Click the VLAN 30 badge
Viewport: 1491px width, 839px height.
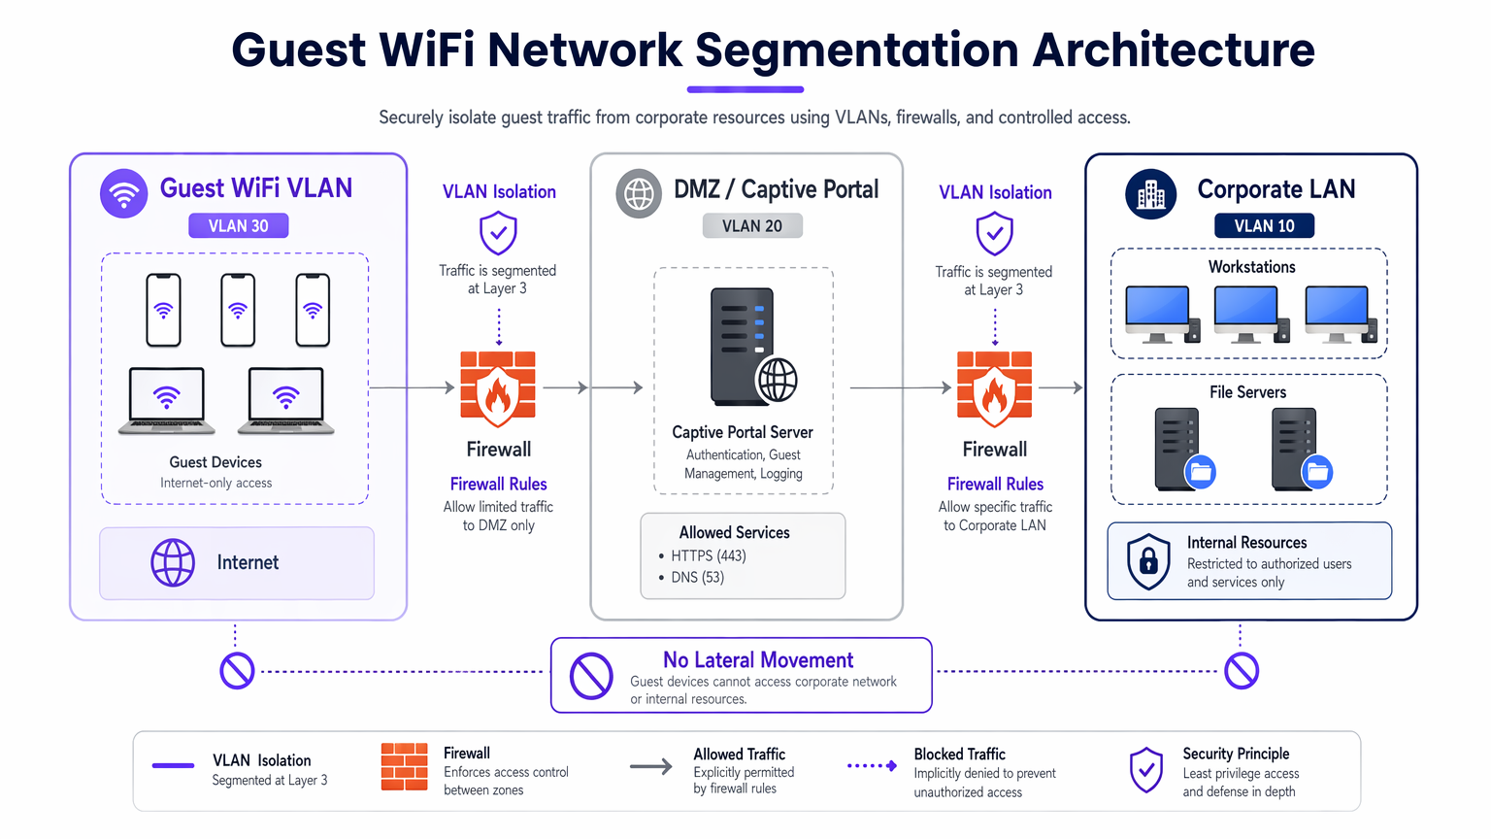pos(238,226)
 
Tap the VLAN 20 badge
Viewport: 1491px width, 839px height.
pos(752,226)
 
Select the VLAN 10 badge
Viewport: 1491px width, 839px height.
pos(1264,226)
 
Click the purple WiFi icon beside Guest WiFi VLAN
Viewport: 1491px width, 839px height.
pos(123,193)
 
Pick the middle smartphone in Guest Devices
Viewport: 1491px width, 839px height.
pos(238,310)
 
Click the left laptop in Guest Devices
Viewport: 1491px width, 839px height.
pos(167,399)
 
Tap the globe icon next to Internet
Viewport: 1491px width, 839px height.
pos(173,562)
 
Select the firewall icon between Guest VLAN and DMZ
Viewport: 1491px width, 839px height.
pos(498,388)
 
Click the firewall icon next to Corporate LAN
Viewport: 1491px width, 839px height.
pos(994,388)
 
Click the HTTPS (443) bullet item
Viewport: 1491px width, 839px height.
pos(708,556)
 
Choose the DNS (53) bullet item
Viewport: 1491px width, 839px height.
pos(697,578)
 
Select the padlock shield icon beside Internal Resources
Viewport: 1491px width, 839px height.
pos(1147,560)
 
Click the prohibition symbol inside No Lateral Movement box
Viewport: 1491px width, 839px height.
pos(591,675)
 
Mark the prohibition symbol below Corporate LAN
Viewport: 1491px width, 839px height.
pos(1241,670)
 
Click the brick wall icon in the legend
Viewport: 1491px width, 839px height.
pos(404,767)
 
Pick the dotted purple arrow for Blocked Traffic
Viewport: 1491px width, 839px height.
pos(872,766)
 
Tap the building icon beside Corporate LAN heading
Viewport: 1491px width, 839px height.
pos(1150,193)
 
